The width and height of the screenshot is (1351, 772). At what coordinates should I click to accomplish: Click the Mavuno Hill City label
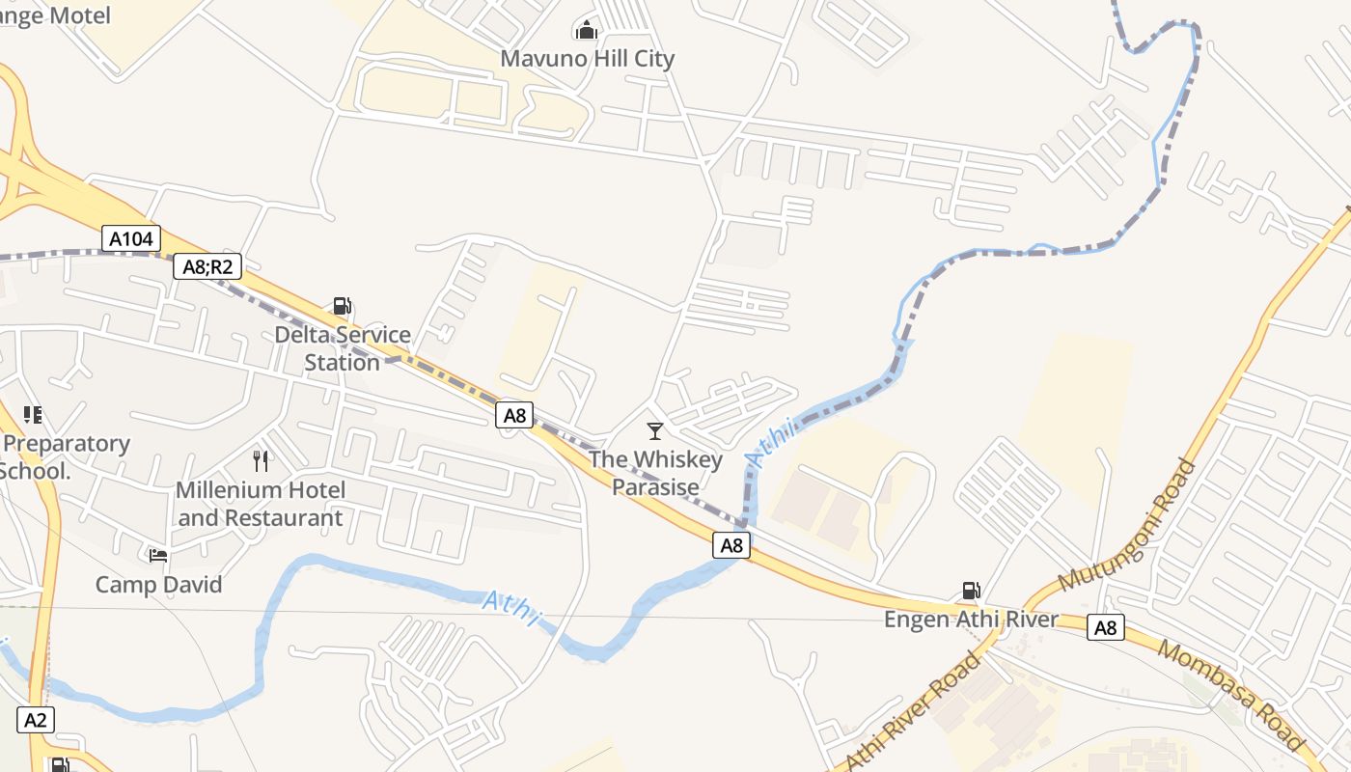point(587,59)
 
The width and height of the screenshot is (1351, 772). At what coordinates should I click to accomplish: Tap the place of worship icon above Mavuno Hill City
point(586,30)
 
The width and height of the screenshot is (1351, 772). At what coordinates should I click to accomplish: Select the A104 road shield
point(131,238)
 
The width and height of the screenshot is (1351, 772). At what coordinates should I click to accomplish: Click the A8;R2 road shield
point(207,266)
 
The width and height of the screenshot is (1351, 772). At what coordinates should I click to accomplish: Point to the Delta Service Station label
point(343,348)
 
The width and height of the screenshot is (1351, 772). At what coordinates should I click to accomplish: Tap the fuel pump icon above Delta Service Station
point(342,306)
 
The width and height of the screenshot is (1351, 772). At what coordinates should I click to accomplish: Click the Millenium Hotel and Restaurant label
point(261,504)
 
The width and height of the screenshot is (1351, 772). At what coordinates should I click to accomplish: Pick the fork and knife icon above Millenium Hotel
point(261,460)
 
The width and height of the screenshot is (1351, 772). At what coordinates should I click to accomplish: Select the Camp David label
point(158,585)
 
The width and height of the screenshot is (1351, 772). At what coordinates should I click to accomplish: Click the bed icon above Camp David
point(158,555)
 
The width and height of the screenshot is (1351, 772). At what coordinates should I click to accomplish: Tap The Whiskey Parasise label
point(655,473)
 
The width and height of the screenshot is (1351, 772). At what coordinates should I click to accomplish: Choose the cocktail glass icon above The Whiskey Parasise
point(655,430)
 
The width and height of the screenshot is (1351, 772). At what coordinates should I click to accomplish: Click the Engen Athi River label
point(971,620)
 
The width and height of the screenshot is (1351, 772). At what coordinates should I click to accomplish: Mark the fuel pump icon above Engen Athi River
point(971,591)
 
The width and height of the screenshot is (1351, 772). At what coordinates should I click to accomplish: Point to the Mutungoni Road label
point(1127,525)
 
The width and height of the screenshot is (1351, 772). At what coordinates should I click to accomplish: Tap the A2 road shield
point(36,720)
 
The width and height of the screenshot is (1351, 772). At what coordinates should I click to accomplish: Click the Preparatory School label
point(66,457)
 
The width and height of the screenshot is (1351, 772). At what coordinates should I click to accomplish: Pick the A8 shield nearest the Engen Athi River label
point(1105,628)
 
